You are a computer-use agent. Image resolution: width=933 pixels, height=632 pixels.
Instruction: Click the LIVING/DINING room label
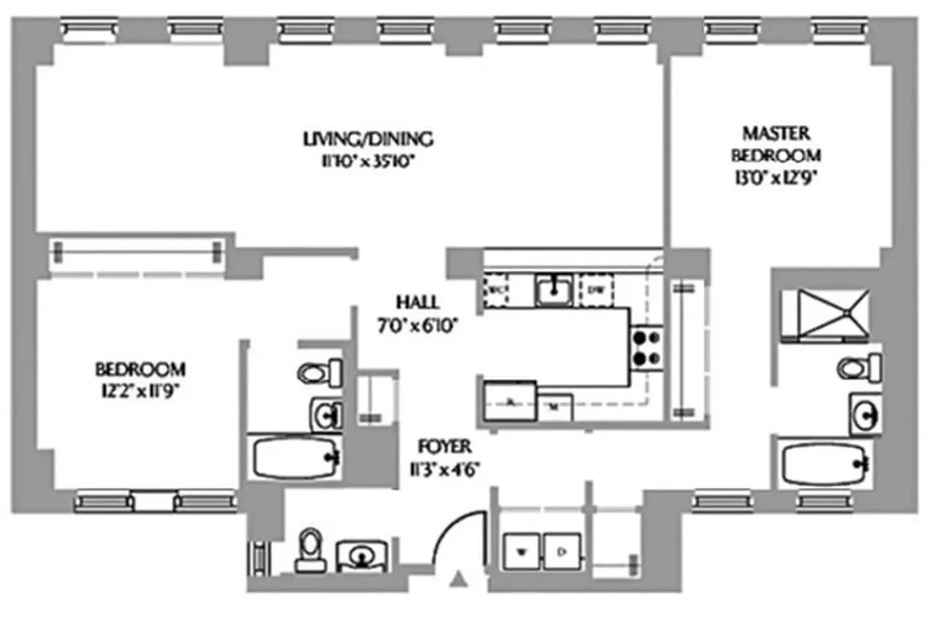coord(368,138)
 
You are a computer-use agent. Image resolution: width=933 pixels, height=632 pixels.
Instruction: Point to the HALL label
coord(417,302)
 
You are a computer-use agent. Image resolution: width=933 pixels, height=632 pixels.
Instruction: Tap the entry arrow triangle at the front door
coord(460,578)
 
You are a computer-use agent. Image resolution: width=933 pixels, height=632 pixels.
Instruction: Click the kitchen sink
coord(554,290)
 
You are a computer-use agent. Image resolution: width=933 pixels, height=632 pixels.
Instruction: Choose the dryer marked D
coord(562,552)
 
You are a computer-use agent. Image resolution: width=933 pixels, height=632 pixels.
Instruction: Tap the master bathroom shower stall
coord(824,313)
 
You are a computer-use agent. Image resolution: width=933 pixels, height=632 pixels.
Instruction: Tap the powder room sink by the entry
coord(362,555)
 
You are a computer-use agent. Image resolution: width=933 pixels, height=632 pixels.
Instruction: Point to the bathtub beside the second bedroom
coord(292,459)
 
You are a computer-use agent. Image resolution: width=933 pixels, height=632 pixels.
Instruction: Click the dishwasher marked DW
coord(595,289)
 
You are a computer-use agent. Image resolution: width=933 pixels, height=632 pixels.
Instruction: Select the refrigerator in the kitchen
coord(509,401)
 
